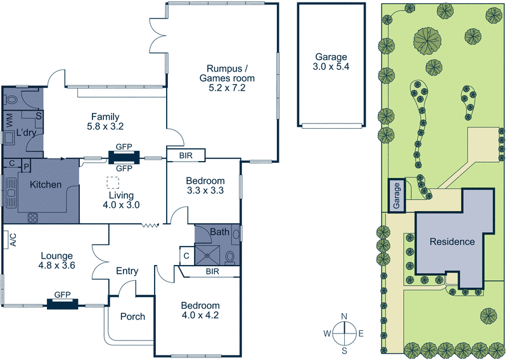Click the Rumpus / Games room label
(226, 78)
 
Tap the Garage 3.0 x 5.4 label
(330, 61)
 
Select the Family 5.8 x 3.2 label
(106, 121)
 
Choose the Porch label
(132, 316)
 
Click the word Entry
(127, 271)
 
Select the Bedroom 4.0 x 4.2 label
(200, 309)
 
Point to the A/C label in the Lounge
(11, 240)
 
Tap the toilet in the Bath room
(230, 256)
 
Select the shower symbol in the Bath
(207, 255)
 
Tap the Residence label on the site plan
(452, 241)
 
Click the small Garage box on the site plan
(397, 196)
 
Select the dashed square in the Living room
(113, 183)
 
